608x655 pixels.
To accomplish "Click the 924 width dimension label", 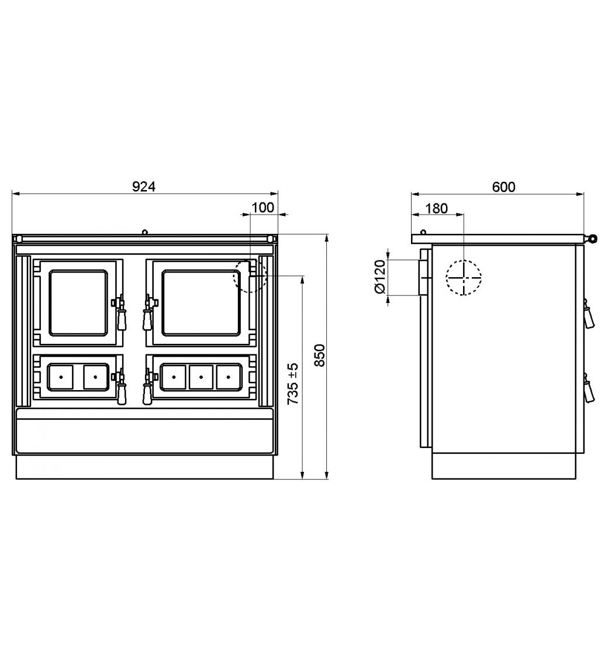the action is (x=144, y=187).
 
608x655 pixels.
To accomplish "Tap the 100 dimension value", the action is (x=262, y=208).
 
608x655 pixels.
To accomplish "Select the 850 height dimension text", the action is (x=319, y=356).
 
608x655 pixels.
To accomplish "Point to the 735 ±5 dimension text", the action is (x=293, y=384).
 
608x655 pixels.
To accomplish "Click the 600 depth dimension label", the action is (x=503, y=187).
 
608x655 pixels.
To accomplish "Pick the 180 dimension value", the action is (x=436, y=208).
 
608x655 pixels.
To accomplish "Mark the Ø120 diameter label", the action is (x=381, y=277).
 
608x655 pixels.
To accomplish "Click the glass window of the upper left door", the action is (x=78, y=303).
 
